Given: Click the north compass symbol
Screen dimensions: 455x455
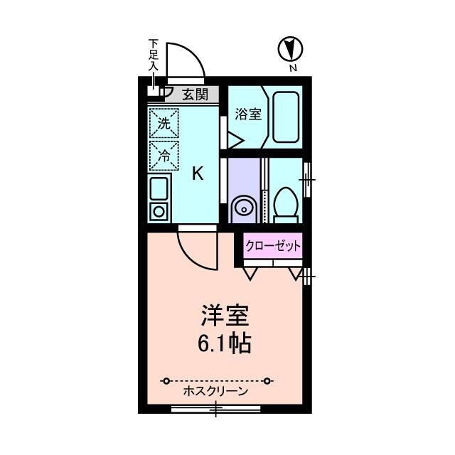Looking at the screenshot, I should (x=290, y=48).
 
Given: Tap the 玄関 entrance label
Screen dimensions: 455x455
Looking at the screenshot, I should (x=194, y=94).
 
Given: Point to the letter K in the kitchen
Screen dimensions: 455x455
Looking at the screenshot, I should (x=198, y=173).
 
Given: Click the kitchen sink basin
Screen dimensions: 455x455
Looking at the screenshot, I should (x=159, y=189).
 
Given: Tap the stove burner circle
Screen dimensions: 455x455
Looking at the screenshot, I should (x=159, y=210).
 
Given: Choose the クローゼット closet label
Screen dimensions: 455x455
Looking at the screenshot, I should (x=273, y=246).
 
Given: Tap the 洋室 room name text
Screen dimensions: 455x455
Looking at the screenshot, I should (x=226, y=314).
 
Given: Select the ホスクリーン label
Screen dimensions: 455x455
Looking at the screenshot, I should (x=215, y=391).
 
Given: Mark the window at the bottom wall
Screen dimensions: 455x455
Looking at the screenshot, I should (x=215, y=409).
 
